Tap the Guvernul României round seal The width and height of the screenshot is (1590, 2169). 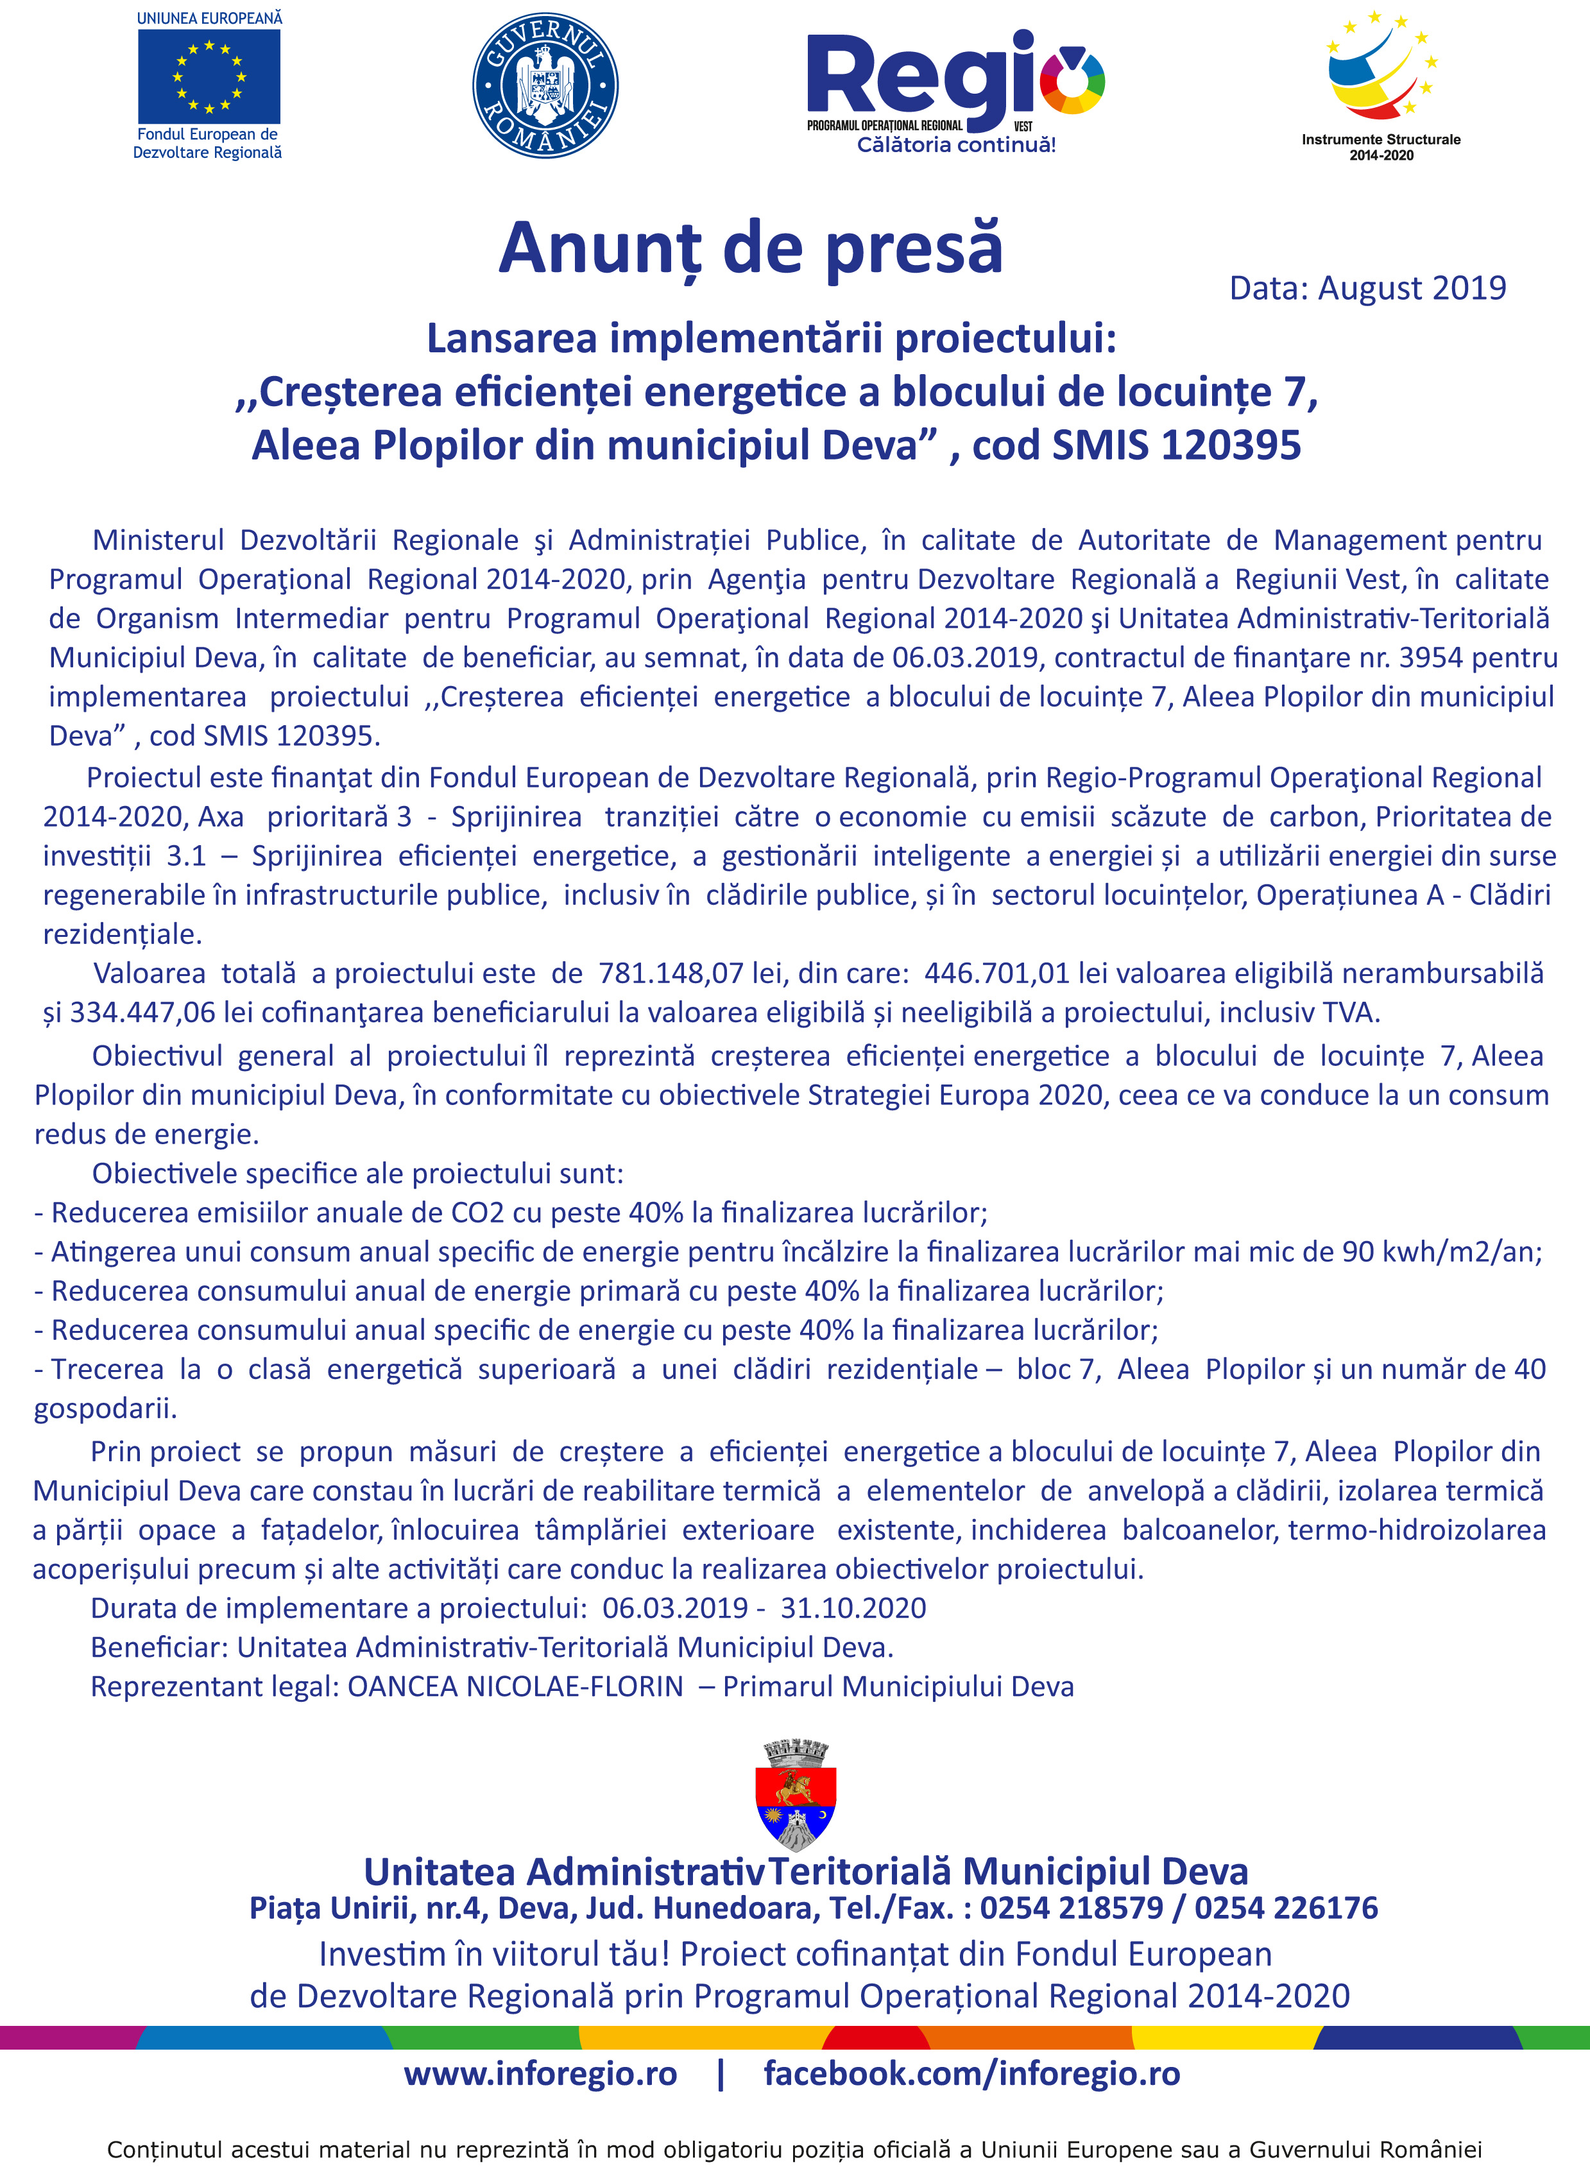point(545,85)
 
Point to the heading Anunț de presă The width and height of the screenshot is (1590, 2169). point(751,248)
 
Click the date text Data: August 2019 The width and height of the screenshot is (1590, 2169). point(1368,287)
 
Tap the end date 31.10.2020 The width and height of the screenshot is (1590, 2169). point(853,1608)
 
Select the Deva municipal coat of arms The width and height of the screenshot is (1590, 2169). point(796,1795)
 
